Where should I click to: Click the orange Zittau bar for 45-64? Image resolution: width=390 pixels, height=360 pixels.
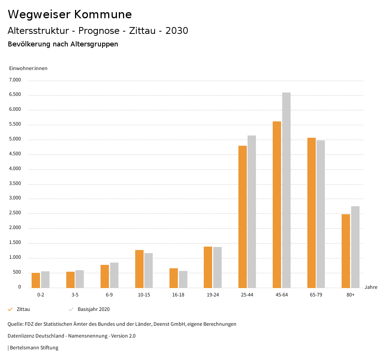[x=277, y=205]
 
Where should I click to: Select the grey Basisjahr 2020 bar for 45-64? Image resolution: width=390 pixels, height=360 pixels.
[x=286, y=190]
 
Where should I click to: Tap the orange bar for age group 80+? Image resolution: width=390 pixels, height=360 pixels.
[x=346, y=251]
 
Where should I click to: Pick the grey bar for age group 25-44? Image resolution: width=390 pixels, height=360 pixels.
[x=252, y=212]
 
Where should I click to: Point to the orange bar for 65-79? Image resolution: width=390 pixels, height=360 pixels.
[x=312, y=213]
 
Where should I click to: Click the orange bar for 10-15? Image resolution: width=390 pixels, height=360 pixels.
[x=139, y=269]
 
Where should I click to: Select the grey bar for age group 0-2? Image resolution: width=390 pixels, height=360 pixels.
[x=45, y=279]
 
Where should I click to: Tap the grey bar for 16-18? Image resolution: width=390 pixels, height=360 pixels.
[x=183, y=279]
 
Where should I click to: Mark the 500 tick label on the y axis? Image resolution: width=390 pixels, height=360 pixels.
[x=17, y=272]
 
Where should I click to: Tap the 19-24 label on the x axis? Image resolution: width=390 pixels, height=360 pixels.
[x=213, y=295]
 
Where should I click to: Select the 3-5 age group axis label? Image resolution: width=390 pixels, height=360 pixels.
[x=75, y=295]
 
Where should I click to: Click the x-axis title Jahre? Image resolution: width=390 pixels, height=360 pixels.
[x=371, y=287]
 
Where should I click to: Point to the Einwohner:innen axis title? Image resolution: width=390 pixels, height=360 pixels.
[x=28, y=68]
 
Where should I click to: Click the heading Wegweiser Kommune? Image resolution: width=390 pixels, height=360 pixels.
[x=70, y=14]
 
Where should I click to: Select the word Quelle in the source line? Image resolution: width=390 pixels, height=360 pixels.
[x=14, y=324]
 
